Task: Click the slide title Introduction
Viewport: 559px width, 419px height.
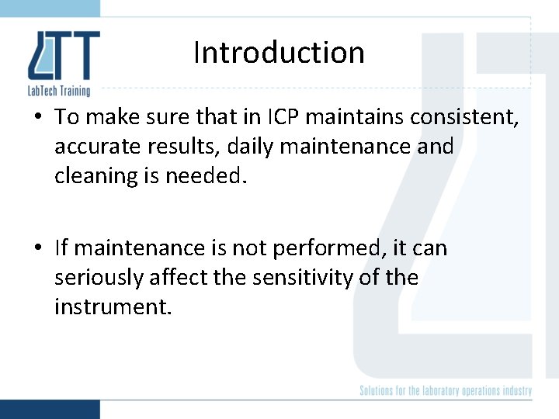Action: (279, 53)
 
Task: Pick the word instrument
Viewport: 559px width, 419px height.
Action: (111, 307)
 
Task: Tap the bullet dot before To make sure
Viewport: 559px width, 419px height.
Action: (39, 118)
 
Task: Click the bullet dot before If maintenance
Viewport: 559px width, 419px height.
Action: (39, 249)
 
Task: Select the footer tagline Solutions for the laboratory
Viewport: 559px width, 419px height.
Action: (446, 390)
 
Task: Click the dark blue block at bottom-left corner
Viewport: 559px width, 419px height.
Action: (50, 409)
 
